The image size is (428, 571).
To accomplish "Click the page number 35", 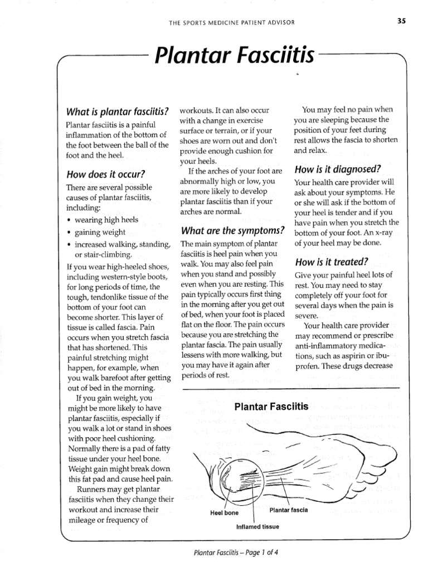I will (401, 22).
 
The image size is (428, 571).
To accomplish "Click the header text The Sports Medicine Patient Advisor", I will (231, 22).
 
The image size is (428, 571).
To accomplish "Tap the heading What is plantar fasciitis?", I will (117, 110).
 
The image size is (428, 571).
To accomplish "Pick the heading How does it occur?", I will (105, 173).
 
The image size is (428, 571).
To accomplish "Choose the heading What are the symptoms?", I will (228, 230).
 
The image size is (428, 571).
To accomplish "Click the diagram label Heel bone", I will (224, 513).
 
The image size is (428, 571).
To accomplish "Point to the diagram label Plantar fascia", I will (288, 510).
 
